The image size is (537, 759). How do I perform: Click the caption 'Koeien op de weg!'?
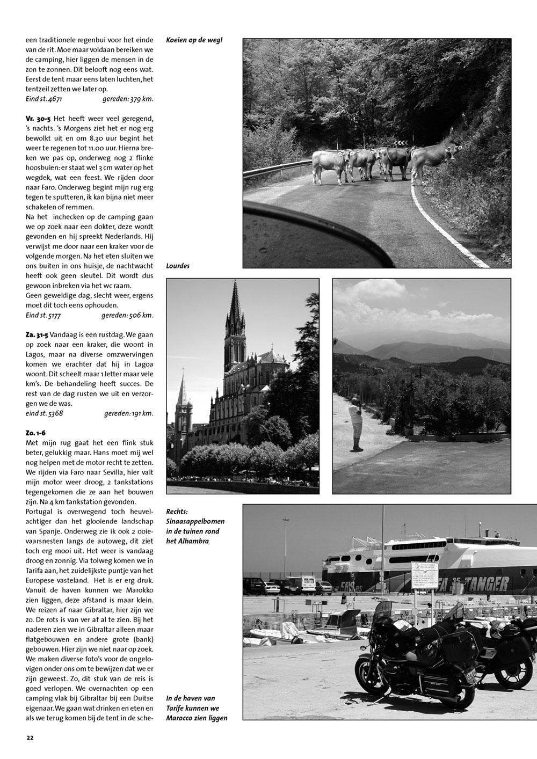(x=194, y=40)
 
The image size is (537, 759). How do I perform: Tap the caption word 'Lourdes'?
(x=178, y=266)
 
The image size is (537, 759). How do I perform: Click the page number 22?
(x=30, y=737)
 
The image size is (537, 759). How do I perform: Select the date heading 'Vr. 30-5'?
(x=38, y=118)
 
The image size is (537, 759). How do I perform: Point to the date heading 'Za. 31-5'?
(x=37, y=333)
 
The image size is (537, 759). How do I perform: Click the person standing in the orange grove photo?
(x=355, y=424)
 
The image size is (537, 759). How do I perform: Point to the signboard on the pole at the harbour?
(x=424, y=575)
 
